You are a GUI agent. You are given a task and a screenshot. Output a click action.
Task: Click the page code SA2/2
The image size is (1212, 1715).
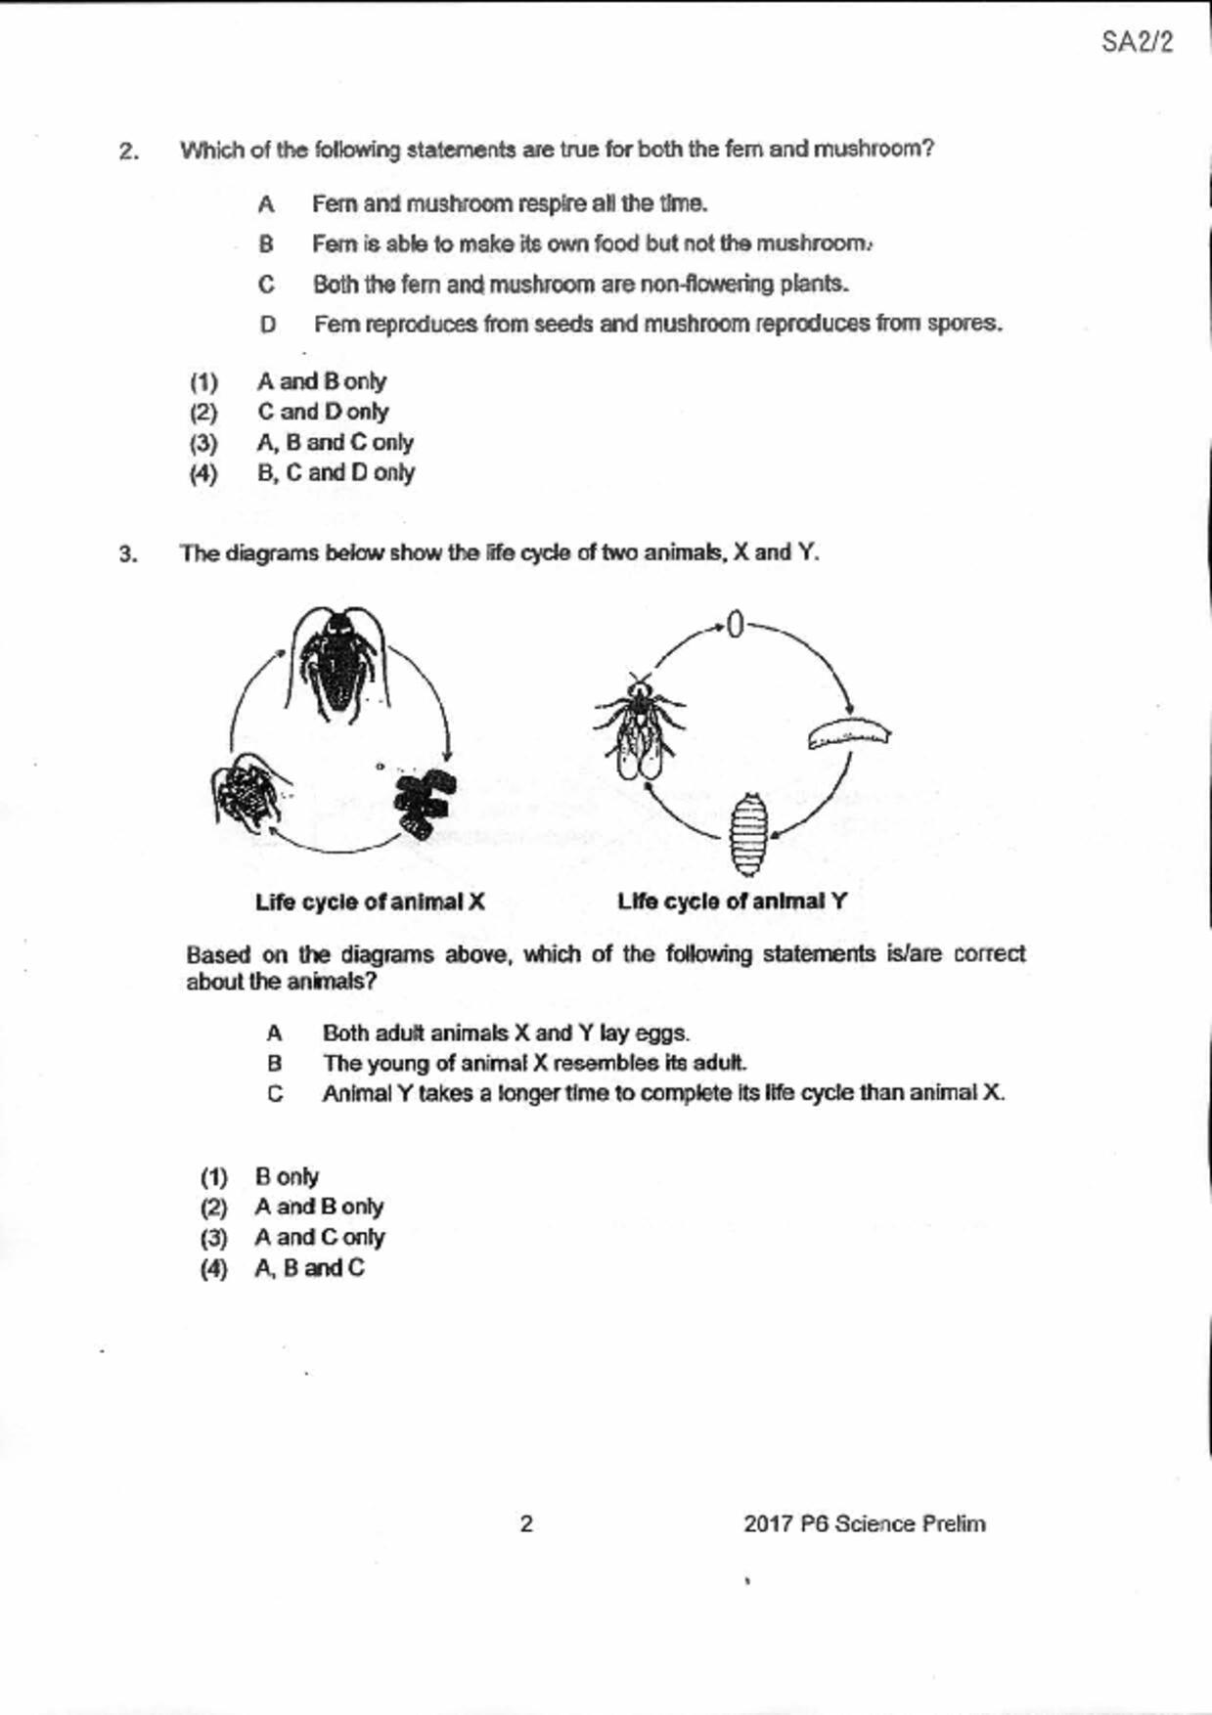(1137, 42)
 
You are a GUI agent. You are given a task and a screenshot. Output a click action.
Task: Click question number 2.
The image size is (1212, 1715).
(128, 152)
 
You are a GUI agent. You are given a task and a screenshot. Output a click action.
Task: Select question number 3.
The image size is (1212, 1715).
(128, 554)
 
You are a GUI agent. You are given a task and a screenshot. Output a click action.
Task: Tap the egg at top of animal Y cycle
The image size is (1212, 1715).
(736, 625)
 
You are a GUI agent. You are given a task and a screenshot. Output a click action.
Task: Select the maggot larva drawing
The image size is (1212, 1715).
(849, 733)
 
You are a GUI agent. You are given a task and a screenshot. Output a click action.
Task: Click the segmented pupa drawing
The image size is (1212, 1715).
(749, 833)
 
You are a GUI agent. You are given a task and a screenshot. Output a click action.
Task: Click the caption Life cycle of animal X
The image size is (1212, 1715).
(370, 901)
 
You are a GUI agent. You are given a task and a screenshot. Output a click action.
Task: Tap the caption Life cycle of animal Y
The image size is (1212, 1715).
(732, 901)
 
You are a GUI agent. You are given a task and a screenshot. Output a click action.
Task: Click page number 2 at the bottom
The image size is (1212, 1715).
(526, 1523)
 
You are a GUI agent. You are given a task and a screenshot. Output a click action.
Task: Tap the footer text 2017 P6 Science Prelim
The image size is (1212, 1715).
(864, 1523)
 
